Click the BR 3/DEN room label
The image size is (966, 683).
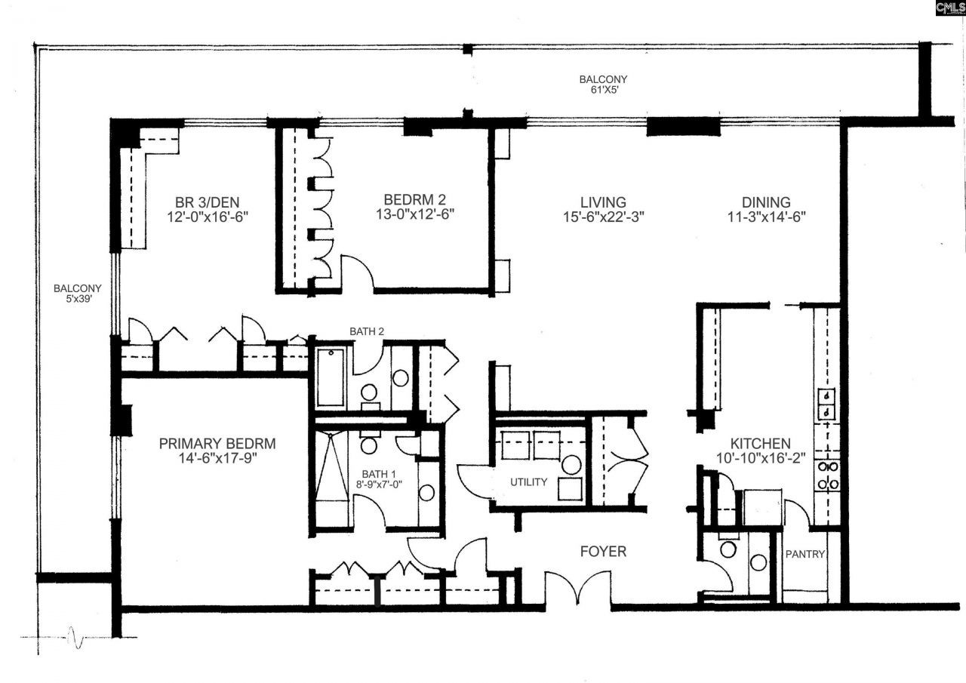coord(207,202)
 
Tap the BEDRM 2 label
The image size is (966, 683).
coord(414,200)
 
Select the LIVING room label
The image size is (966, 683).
coord(603,202)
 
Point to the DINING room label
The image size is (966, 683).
coord(766,202)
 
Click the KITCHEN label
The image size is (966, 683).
coord(760,443)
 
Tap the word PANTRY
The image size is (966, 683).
coord(804,554)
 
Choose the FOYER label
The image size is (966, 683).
coord(603,551)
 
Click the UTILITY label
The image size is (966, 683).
coord(529,482)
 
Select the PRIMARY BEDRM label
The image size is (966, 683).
coord(217,443)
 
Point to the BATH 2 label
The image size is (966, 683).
coord(367,331)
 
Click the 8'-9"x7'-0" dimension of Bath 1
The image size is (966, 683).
coord(379,485)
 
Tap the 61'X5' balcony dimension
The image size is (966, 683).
coord(605,90)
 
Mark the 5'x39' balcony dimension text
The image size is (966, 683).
coord(78,299)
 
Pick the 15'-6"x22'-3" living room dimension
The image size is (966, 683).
coord(603,217)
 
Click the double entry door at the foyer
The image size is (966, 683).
coord(578,589)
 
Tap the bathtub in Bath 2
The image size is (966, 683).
coord(331,377)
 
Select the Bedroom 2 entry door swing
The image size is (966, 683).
coord(358,271)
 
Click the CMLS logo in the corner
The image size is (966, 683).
coord(950,8)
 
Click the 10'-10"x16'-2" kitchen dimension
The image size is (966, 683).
coord(761,458)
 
